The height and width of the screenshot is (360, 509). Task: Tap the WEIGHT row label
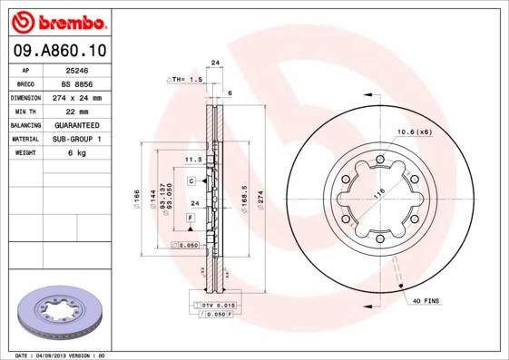(24, 153)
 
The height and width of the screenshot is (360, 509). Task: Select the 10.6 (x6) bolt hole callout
(414, 132)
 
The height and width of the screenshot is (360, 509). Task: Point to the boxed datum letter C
(192, 181)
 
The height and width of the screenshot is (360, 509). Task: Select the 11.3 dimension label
(192, 159)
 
